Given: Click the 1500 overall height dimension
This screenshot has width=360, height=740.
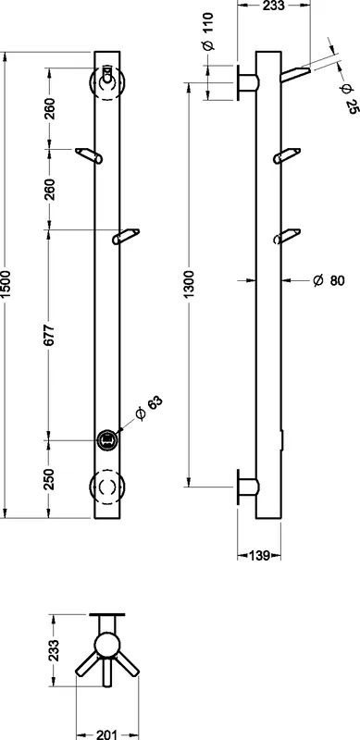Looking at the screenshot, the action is pyautogui.click(x=6, y=285).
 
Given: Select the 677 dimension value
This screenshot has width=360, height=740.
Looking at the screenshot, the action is pyautogui.click(x=50, y=334).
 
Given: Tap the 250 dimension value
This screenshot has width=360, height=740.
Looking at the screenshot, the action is pyautogui.click(x=50, y=478).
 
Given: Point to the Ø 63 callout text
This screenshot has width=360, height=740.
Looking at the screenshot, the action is pyautogui.click(x=148, y=408).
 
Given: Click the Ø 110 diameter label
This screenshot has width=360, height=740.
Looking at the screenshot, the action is pyautogui.click(x=208, y=31).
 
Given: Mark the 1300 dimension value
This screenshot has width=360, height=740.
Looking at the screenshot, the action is pyautogui.click(x=189, y=284).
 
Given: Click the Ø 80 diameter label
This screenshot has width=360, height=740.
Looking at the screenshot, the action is pyautogui.click(x=329, y=280).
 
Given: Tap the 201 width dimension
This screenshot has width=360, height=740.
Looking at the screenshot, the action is pyautogui.click(x=107, y=734).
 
